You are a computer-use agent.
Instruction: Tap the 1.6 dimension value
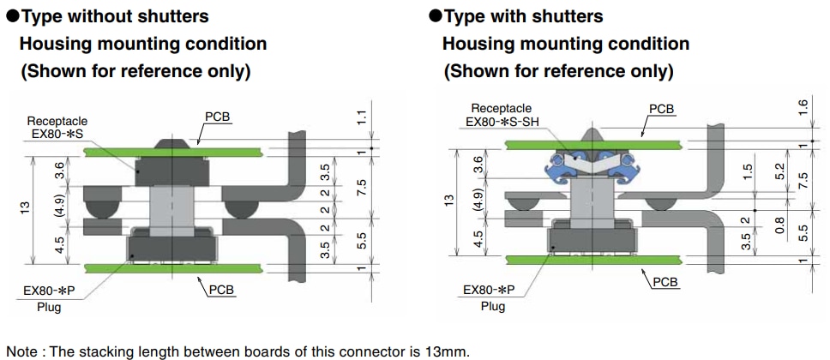coord(803,108)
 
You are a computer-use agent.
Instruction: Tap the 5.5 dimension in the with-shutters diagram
coord(803,231)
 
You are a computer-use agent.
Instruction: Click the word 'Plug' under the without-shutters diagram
coord(49,307)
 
